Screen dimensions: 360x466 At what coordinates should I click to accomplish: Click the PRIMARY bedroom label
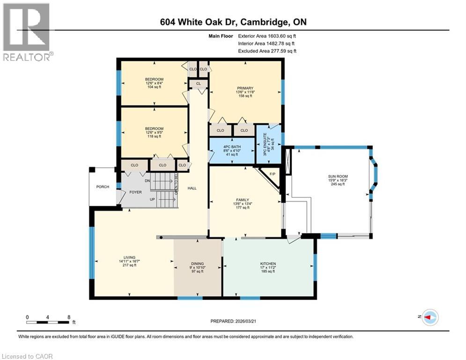tap(244, 88)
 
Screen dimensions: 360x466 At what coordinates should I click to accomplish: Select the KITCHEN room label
tap(268, 264)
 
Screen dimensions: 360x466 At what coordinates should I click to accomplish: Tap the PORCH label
tap(103, 187)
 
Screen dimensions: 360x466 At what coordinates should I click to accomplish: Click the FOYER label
tap(136, 191)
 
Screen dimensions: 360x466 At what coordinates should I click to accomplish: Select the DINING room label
tap(197, 264)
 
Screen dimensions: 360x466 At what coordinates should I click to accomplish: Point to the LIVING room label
tap(129, 257)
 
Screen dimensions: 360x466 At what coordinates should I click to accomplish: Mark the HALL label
tap(192, 188)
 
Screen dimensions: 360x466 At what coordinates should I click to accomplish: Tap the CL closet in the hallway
tap(199, 83)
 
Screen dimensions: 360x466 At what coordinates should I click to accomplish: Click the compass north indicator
tap(429, 317)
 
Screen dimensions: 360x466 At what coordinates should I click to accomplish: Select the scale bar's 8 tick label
tap(69, 317)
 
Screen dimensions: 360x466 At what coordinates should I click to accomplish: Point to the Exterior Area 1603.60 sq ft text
tap(267, 35)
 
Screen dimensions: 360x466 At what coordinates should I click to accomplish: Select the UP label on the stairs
tap(153, 199)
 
